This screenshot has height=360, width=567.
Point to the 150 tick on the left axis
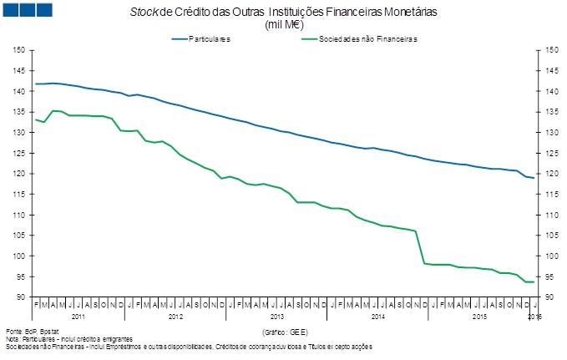tap(20, 50)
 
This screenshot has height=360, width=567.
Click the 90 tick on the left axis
tap(20, 297)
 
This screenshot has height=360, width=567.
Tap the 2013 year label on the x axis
tap(277, 317)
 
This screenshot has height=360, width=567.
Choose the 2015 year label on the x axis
tap(478, 317)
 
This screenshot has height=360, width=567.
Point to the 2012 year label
tap(176, 317)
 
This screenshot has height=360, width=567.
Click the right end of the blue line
tap(534, 178)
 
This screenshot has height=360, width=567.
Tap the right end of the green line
tap(534, 282)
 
